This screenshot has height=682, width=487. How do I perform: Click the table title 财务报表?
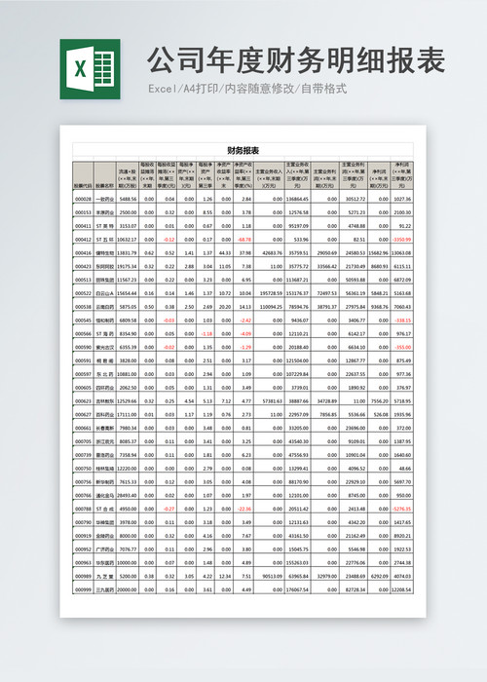click(x=243, y=151)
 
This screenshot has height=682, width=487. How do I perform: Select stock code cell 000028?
click(x=83, y=198)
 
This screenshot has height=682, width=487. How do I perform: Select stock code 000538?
click(x=83, y=306)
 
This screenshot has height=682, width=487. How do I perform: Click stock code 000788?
click(x=83, y=508)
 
